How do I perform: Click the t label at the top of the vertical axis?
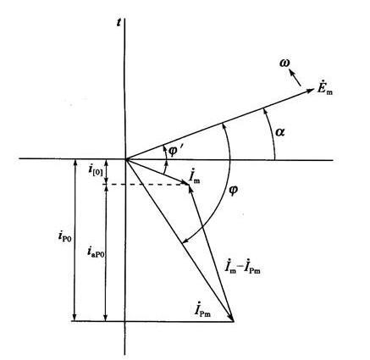tap(119, 23)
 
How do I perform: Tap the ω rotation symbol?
tap(284, 64)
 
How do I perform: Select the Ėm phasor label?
tap(324, 88)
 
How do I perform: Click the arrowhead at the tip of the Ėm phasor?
tap(311, 91)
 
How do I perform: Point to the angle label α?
tap(279, 132)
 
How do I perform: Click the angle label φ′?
tap(175, 152)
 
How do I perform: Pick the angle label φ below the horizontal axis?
tap(233, 191)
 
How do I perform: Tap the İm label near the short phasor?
tap(195, 177)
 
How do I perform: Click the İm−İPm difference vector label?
tap(242, 267)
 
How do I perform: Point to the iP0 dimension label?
tap(65, 236)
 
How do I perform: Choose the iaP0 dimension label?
tap(96, 252)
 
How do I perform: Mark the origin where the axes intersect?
tap(125, 159)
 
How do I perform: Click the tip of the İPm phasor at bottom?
tap(234, 321)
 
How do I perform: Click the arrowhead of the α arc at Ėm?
tap(263, 110)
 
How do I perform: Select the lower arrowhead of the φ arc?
tap(184, 241)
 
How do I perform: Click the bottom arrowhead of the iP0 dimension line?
tap(75, 318)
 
